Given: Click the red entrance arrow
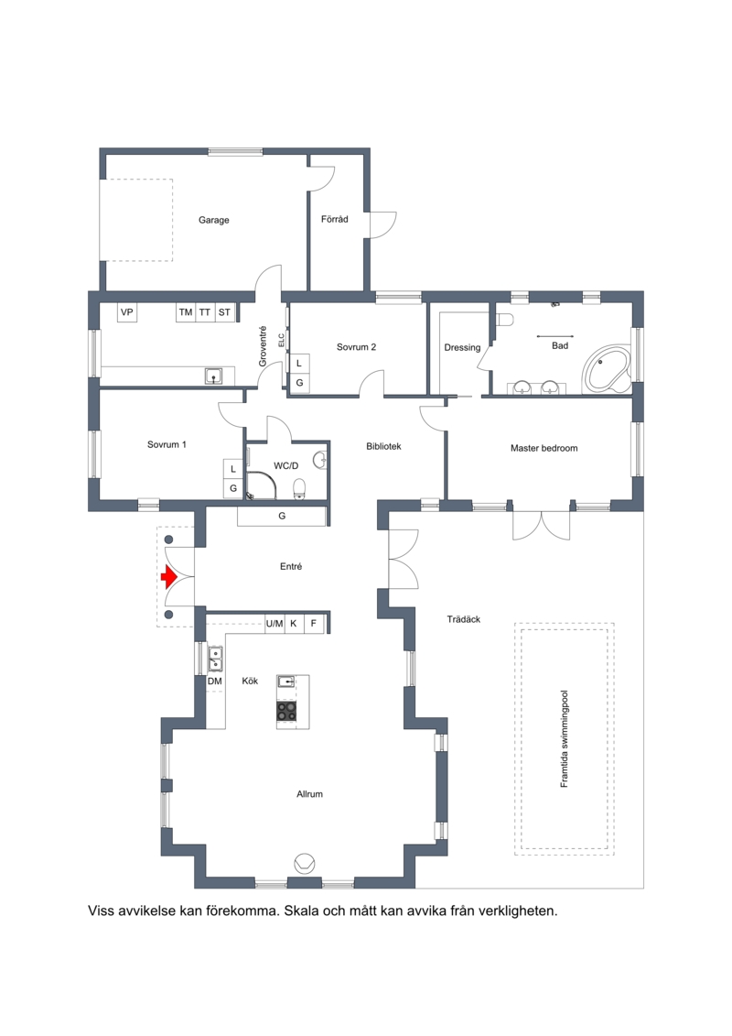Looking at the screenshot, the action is point(169,577).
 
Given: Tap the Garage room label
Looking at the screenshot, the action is point(214,220).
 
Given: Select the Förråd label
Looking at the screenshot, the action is point(335,219).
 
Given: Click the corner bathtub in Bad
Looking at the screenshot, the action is point(607,368).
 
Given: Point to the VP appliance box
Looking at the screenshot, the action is point(127,312).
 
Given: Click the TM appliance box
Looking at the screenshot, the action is point(186,312).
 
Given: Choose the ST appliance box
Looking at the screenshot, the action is point(224,312).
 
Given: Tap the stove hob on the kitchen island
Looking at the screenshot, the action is point(286,712).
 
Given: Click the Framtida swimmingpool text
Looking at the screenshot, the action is point(564,738).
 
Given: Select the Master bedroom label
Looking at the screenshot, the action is point(544,448).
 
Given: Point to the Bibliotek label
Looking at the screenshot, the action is point(383,446).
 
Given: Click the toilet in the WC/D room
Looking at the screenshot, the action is point(300,489).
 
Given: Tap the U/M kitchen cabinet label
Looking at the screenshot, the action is point(274,623).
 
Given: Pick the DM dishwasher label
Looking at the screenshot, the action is point(214,682).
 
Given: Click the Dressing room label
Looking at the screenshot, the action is point(462,347).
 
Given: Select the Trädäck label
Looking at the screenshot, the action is point(463,619).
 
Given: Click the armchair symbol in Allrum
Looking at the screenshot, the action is point(305,862).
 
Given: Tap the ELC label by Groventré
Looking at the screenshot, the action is point(281,340).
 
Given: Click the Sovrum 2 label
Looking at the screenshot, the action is point(357,347).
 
